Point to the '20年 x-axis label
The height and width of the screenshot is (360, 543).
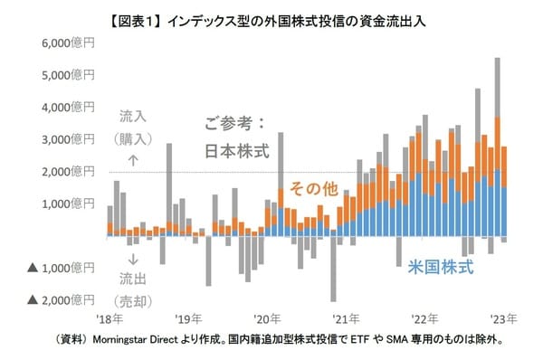267,318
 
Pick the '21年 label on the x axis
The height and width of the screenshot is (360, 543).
346,318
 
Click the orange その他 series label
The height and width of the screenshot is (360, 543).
312,188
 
